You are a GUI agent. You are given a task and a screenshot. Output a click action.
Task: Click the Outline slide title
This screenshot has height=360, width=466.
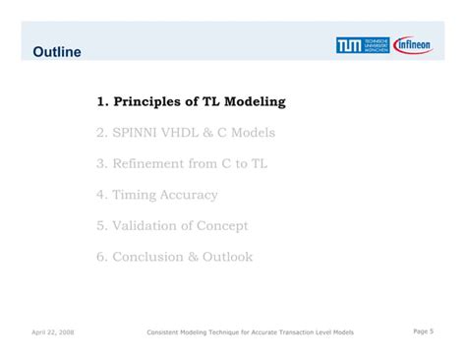pyautogui.click(x=56, y=50)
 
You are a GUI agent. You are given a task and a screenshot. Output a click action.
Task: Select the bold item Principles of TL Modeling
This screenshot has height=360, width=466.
pyautogui.click(x=191, y=101)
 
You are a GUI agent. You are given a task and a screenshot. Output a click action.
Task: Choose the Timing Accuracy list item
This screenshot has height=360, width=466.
pyautogui.click(x=157, y=195)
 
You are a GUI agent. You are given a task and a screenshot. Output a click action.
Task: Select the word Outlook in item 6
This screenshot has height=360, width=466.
pyautogui.click(x=227, y=257)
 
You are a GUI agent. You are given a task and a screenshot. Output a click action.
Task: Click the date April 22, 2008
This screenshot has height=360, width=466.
pyautogui.click(x=52, y=332)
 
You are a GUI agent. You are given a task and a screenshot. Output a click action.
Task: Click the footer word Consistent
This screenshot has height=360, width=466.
pyautogui.click(x=165, y=332)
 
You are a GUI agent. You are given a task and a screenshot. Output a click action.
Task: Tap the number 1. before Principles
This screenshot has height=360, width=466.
pyautogui.click(x=101, y=101)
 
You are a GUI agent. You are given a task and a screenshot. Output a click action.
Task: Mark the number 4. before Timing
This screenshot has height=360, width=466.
pyautogui.click(x=101, y=195)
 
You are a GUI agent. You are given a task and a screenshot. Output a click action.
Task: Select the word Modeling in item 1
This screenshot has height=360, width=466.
pyautogui.click(x=251, y=101)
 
